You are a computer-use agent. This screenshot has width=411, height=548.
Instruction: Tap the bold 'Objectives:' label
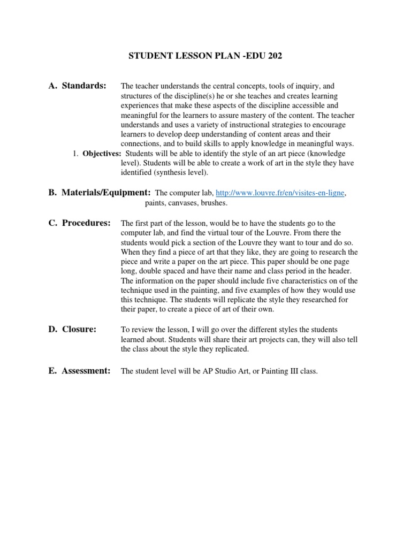[x=102, y=154]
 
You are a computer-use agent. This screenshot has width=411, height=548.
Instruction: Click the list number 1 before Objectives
[x=75, y=154]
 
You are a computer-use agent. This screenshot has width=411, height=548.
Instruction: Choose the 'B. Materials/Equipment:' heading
[x=100, y=192]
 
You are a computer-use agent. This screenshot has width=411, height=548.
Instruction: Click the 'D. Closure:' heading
[x=72, y=329]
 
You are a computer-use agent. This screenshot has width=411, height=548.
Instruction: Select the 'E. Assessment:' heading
[x=79, y=370]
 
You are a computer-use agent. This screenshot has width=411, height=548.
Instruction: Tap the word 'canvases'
[x=185, y=203]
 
